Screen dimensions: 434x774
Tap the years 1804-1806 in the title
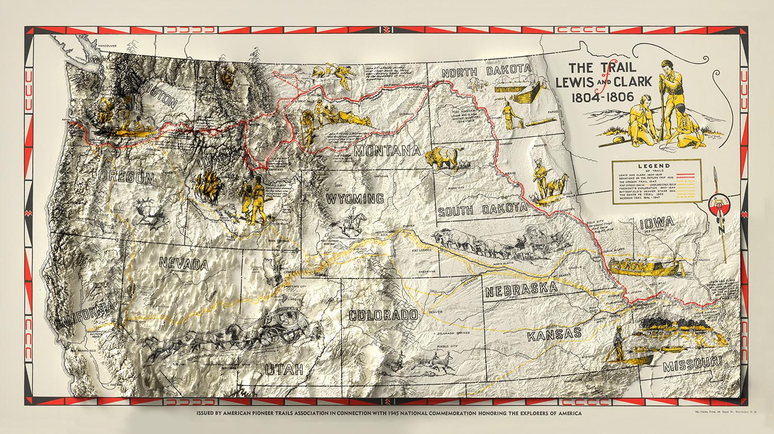coord(602,97)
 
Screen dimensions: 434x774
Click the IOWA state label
coord(655,222)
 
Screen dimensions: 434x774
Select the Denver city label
coord(436,312)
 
